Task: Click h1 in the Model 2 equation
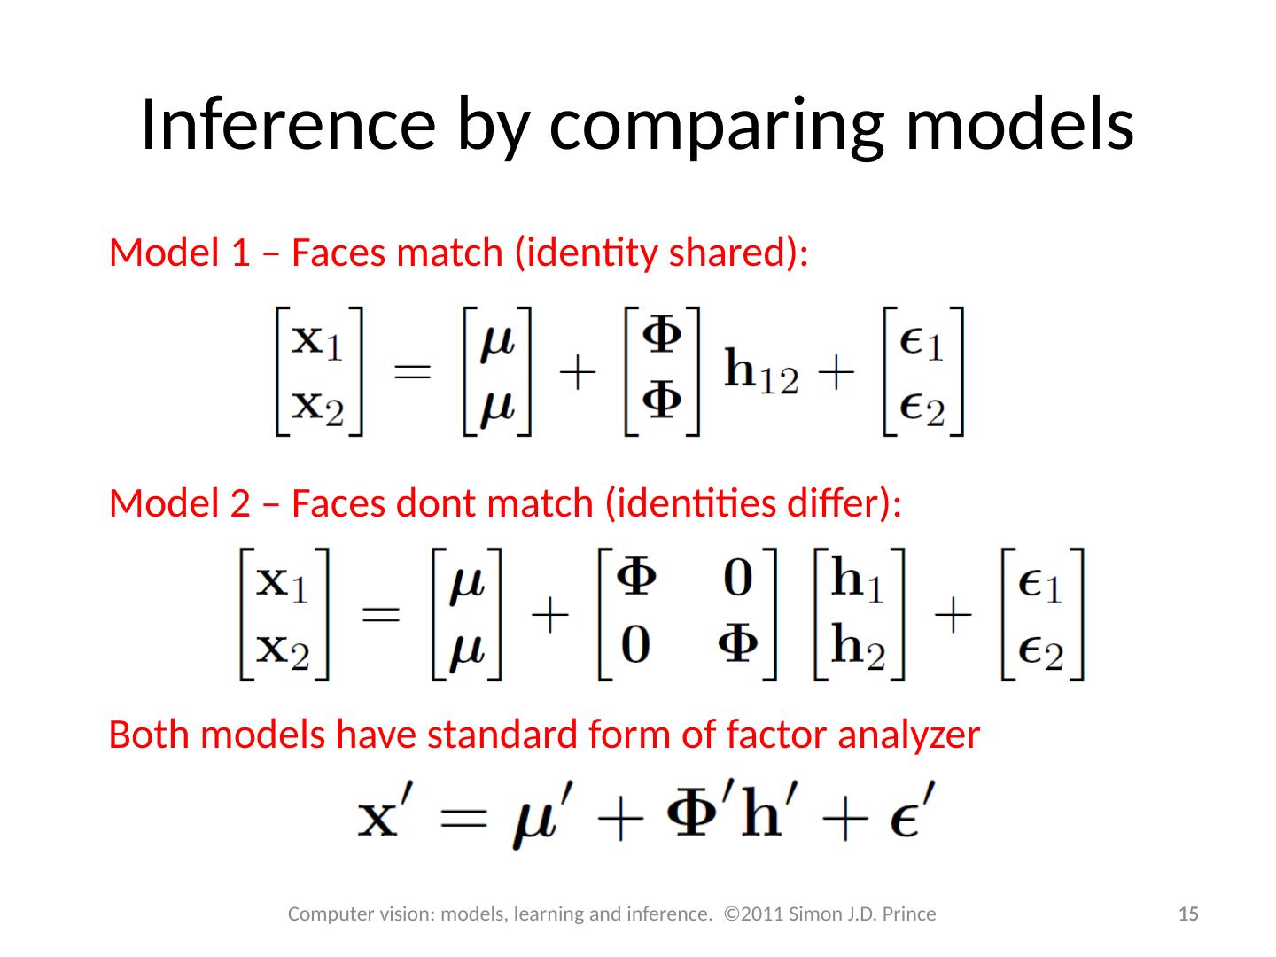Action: tap(859, 581)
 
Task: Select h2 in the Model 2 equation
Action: tap(859, 647)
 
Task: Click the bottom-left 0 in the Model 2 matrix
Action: tap(634, 646)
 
